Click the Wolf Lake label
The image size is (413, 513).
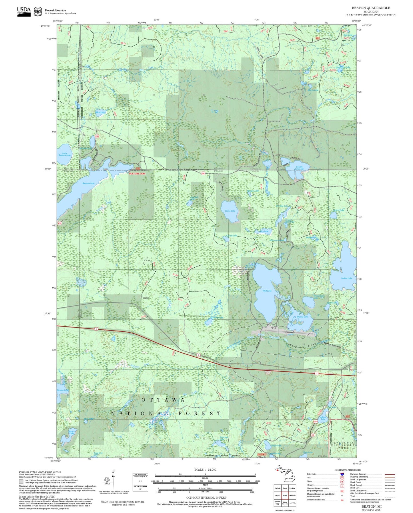point(267,291)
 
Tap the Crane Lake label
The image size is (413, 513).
point(230,211)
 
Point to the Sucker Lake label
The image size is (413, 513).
point(346,278)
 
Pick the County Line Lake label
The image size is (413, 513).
point(299,168)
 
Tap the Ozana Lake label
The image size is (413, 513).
point(302,317)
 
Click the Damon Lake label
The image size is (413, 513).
point(63,390)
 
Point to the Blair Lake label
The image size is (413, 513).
point(100,112)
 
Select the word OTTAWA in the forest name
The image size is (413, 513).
point(163,400)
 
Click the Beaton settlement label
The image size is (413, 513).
point(146,298)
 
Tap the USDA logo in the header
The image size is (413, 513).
point(24,11)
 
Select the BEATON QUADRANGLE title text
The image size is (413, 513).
point(371,8)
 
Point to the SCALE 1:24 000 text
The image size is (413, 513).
point(205,470)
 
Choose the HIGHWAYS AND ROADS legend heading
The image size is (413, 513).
point(348,470)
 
